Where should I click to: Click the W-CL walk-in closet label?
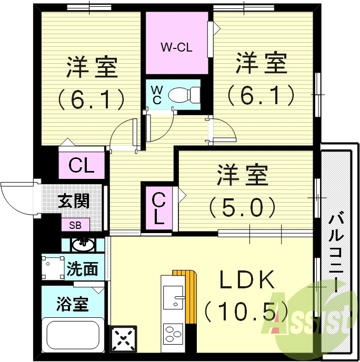click(176, 47)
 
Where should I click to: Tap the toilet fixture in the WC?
click(182, 95)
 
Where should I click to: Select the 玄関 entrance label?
click(73, 202)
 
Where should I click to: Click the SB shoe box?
click(75, 225)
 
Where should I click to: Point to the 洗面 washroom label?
click(82, 269)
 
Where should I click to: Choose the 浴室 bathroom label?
click(72, 304)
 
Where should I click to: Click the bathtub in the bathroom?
click(74, 334)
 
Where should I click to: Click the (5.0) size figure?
click(242, 207)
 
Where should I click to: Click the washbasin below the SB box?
click(82, 244)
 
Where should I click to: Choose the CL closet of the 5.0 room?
click(159, 208)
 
